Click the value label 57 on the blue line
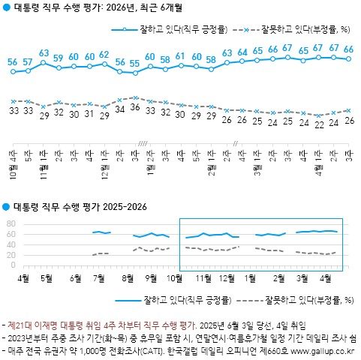[28, 61]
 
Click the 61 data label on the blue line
[180, 56]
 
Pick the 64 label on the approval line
[242, 52]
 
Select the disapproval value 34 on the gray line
[120, 109]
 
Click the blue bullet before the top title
[7, 9]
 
